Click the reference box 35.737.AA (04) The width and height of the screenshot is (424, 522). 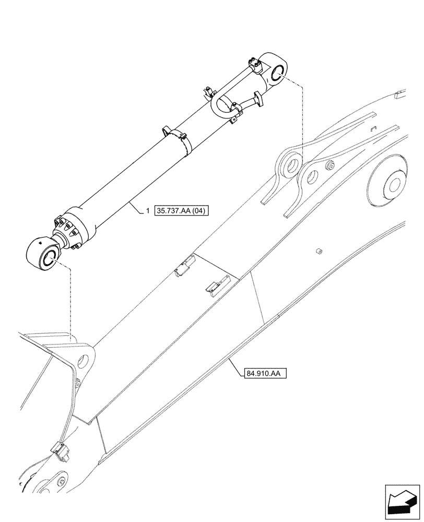pyautogui.click(x=180, y=211)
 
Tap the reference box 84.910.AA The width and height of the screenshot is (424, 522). pyautogui.click(x=265, y=373)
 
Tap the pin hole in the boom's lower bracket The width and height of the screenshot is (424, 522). pyautogui.click(x=84, y=361)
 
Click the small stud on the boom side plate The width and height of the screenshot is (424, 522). pyautogui.click(x=317, y=252)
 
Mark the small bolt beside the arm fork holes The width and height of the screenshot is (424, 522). pyautogui.click(x=329, y=166)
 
